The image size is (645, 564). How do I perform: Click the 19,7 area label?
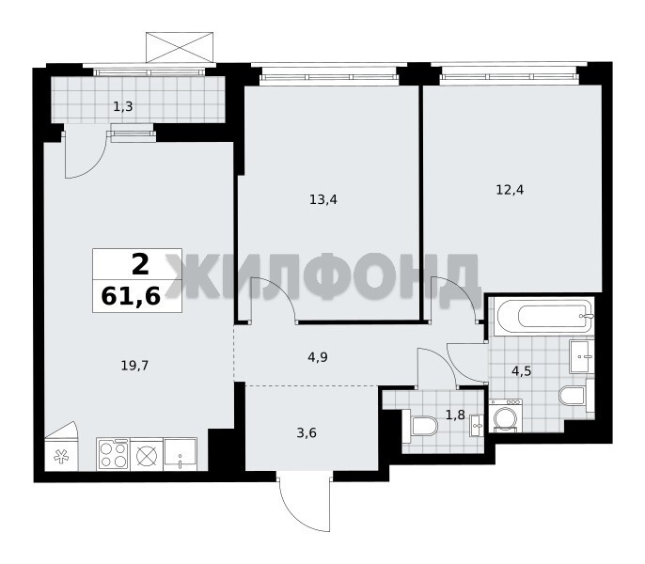[134, 365]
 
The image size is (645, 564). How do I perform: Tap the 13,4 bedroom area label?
[323, 200]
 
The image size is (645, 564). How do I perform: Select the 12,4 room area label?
[510, 190]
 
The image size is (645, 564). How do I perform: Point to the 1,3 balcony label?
[123, 107]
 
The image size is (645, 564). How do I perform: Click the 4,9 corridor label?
[318, 357]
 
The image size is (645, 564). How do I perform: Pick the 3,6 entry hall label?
[307, 432]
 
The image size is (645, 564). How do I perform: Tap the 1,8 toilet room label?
[455, 415]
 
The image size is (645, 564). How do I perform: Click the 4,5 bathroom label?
[522, 371]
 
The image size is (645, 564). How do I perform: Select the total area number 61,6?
[131, 296]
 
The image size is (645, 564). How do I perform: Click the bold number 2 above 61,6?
[140, 264]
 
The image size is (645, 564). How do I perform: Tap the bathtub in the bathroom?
[545, 317]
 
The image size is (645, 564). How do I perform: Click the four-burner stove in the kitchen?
[114, 454]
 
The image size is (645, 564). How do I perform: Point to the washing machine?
[506, 415]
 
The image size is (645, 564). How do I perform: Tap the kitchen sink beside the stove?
[181, 454]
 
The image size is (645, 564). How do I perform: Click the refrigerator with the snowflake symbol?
[61, 456]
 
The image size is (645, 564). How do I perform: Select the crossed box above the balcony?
[180, 47]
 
